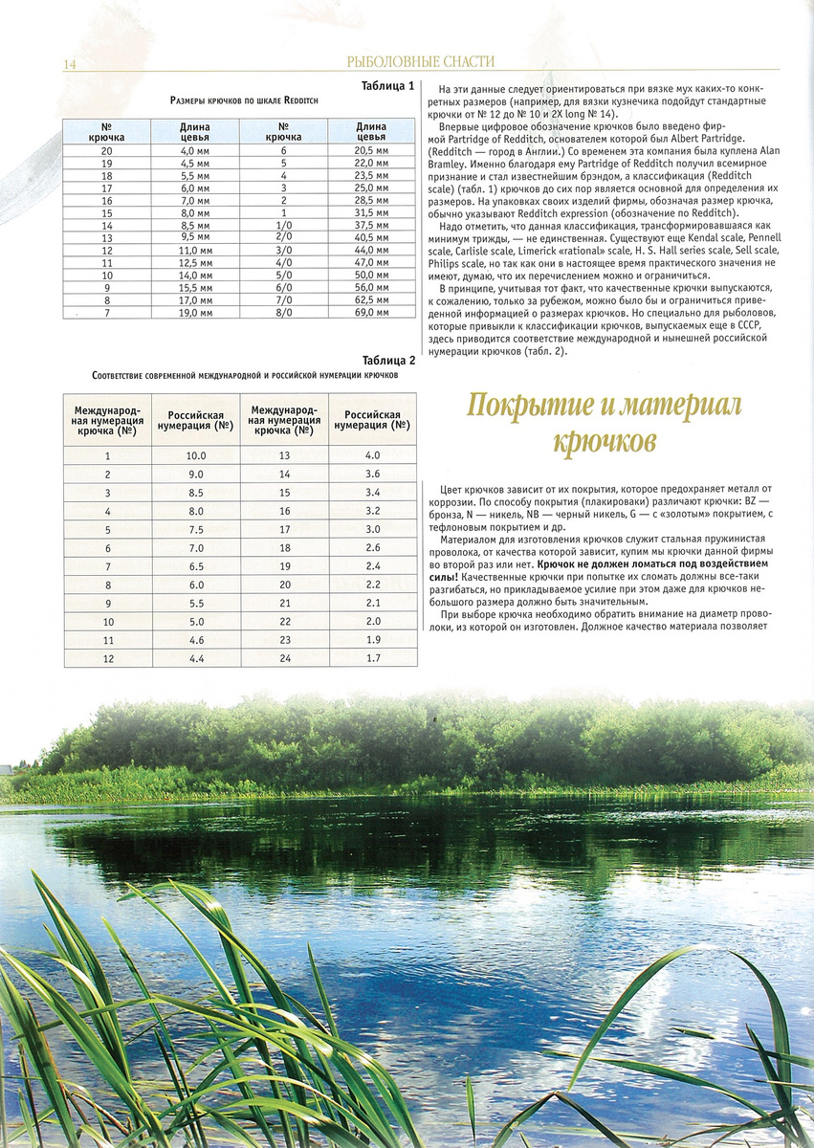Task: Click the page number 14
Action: click(x=69, y=64)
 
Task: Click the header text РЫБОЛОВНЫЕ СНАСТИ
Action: click(x=421, y=62)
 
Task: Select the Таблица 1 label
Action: click(x=387, y=85)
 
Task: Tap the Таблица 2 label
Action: click(x=388, y=361)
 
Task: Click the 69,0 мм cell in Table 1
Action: click(x=371, y=312)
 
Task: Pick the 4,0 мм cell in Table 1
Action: click(x=194, y=151)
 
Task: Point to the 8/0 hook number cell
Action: click(x=284, y=312)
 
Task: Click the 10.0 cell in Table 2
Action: click(x=196, y=456)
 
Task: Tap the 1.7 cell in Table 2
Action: click(x=373, y=657)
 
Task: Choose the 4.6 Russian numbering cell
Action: click(x=196, y=639)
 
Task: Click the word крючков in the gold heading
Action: click(x=604, y=443)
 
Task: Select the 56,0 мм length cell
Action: click(x=371, y=287)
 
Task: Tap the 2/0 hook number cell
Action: click(x=284, y=237)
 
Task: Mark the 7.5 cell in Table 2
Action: click(x=196, y=529)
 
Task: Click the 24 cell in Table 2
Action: click(x=284, y=657)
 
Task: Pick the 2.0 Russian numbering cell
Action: click(x=373, y=621)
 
